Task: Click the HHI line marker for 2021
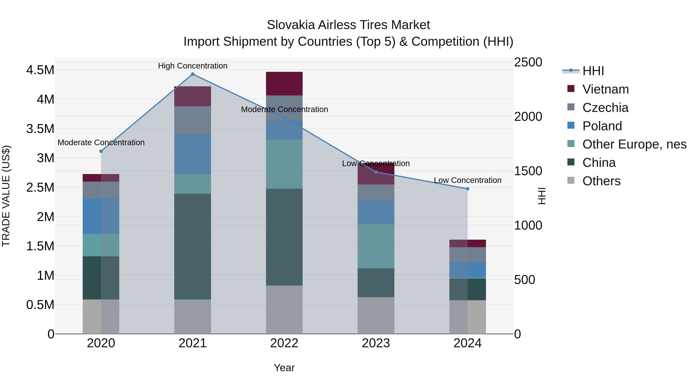[193, 74]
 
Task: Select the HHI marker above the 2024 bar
[468, 189]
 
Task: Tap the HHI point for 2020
[101, 151]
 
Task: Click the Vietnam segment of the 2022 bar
[284, 84]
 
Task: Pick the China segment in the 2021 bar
[193, 246]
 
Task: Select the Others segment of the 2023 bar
[376, 316]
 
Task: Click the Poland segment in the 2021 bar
[193, 154]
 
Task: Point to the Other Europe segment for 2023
[376, 246]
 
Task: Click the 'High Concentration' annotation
[193, 66]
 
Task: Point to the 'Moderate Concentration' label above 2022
[284, 109]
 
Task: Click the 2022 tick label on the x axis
[284, 343]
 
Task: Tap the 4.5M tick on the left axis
[40, 70]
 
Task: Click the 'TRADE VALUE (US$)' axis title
[6, 196]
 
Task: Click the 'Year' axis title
[284, 368]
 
